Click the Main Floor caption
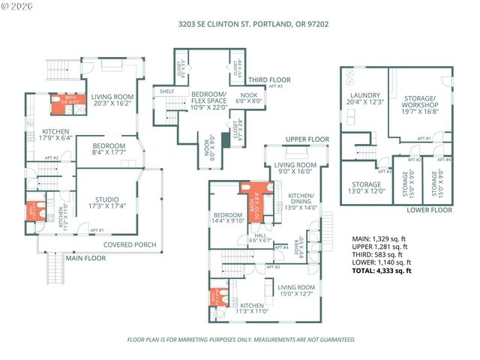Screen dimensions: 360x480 [85, 258]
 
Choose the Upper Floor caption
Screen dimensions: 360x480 [307, 139]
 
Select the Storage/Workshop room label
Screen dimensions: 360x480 [419, 102]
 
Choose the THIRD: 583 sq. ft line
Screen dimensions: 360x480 [379, 254]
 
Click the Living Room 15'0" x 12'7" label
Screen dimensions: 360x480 [295, 289]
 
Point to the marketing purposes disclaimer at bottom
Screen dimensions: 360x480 [240, 340]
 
